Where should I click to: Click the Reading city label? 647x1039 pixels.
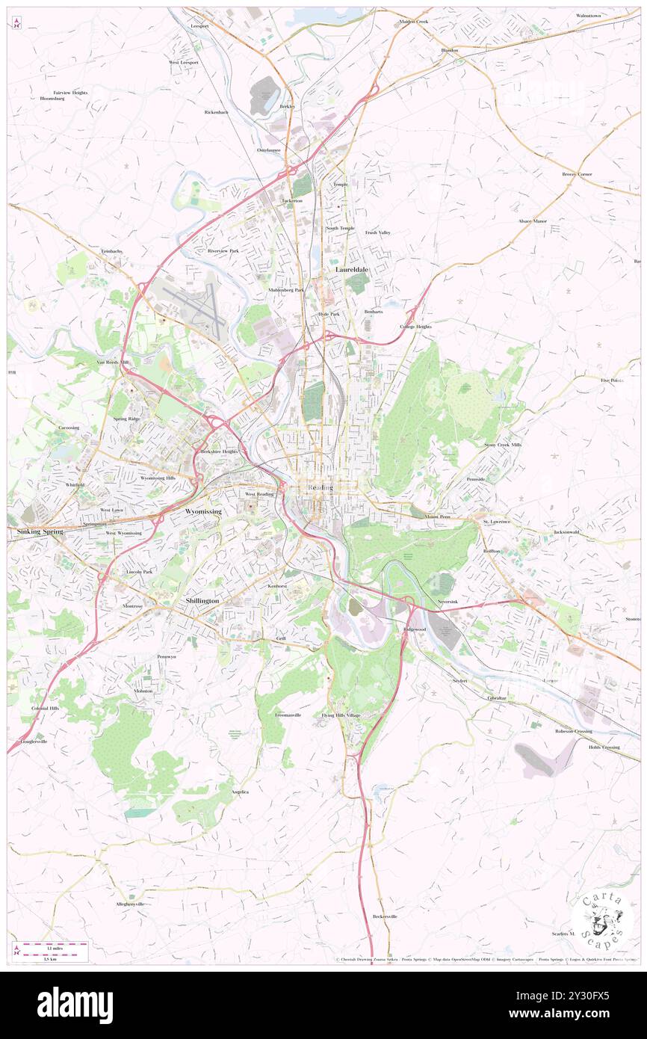point(321,488)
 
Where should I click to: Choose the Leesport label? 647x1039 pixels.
point(199,25)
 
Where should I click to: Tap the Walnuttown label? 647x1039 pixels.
point(588,16)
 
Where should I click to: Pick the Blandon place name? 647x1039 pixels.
point(449,50)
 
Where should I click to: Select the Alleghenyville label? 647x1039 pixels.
point(129,904)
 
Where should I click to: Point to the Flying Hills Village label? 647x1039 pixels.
point(341,715)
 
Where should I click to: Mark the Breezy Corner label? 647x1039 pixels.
point(577,174)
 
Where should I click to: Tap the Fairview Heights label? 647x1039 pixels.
point(70,93)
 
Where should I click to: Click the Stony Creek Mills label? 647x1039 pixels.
point(503,445)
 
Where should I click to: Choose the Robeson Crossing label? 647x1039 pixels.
point(573,731)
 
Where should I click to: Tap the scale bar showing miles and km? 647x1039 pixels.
point(51,952)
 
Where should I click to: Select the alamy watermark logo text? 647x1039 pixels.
point(75,1005)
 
